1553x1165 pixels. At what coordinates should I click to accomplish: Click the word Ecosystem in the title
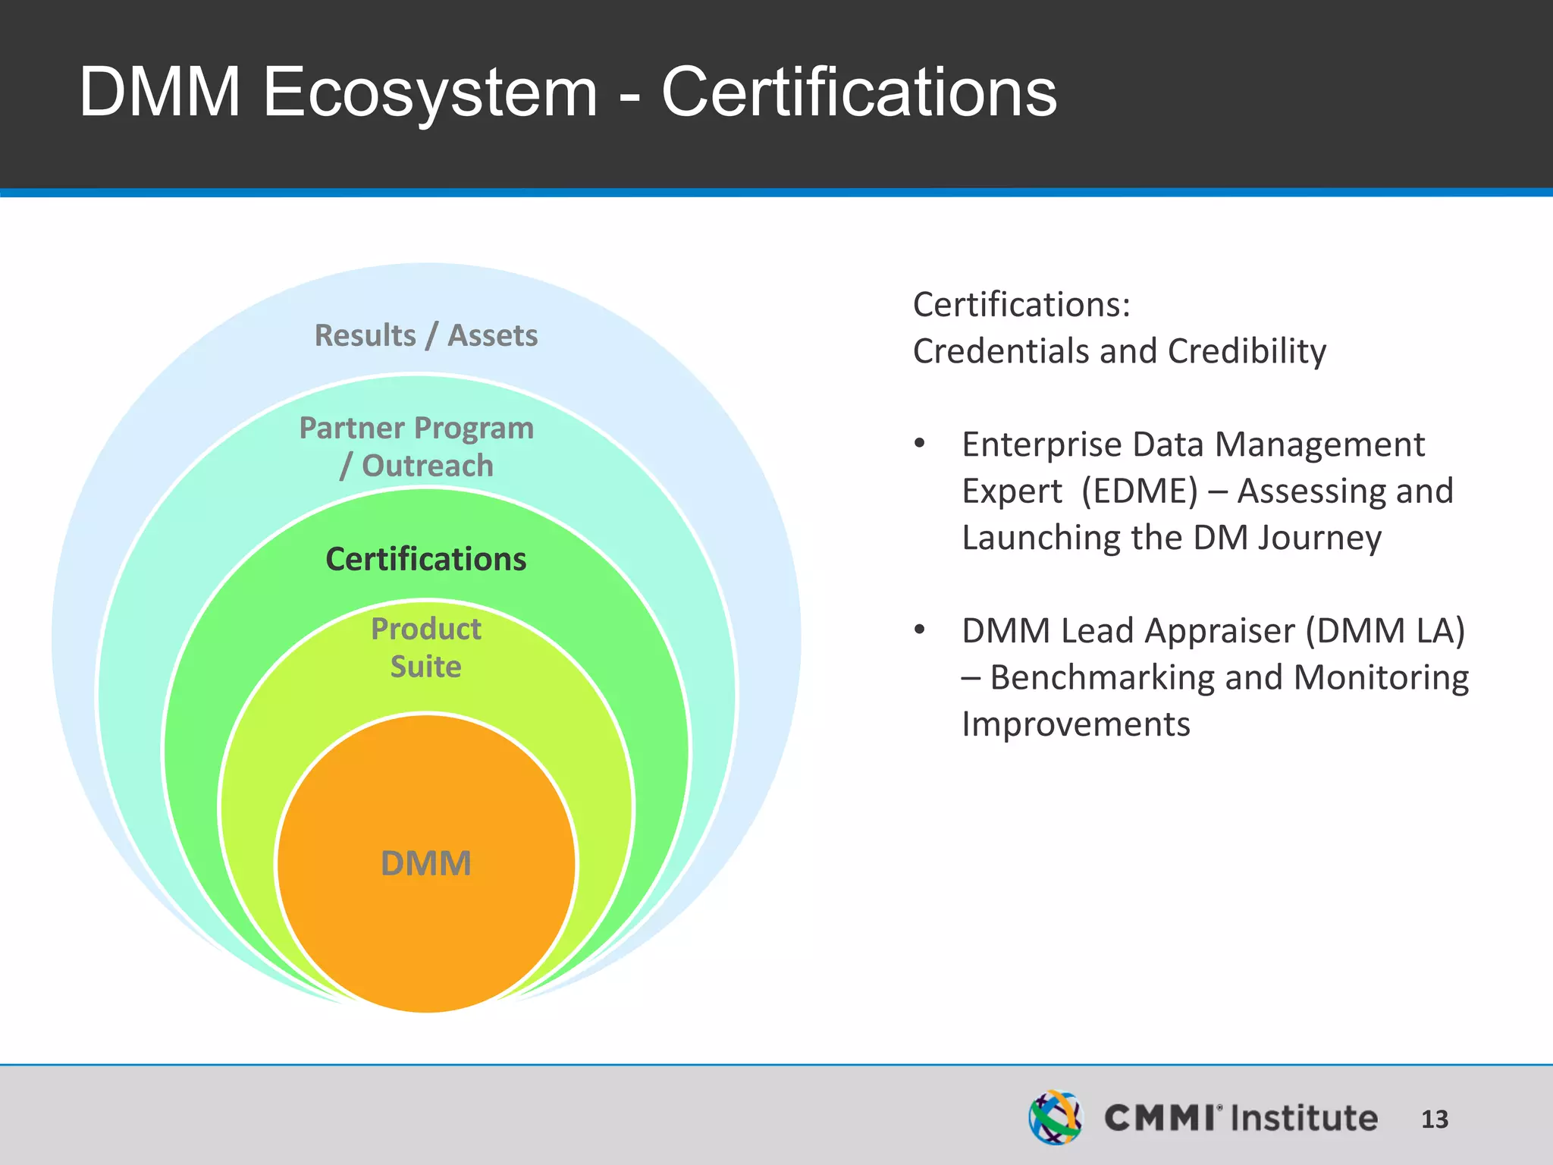(x=430, y=93)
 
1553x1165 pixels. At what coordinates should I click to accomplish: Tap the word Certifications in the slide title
(x=858, y=93)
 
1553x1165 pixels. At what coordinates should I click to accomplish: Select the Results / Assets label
(x=426, y=335)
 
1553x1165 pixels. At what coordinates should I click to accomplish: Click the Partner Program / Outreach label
(x=417, y=447)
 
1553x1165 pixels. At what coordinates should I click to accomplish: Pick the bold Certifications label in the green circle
(x=426, y=559)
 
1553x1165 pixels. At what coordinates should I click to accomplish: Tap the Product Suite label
(x=426, y=648)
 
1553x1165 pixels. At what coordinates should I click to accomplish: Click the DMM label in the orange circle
(x=426, y=863)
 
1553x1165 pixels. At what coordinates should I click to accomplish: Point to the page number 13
(x=1434, y=1119)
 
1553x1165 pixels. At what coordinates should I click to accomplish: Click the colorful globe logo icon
(x=1056, y=1117)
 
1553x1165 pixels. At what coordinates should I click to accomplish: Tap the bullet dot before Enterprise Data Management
(x=920, y=444)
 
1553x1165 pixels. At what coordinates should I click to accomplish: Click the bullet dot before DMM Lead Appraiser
(x=920, y=630)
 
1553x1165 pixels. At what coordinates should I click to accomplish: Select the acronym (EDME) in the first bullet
(x=1140, y=491)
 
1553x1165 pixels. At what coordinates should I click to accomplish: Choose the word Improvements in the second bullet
(x=1076, y=724)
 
